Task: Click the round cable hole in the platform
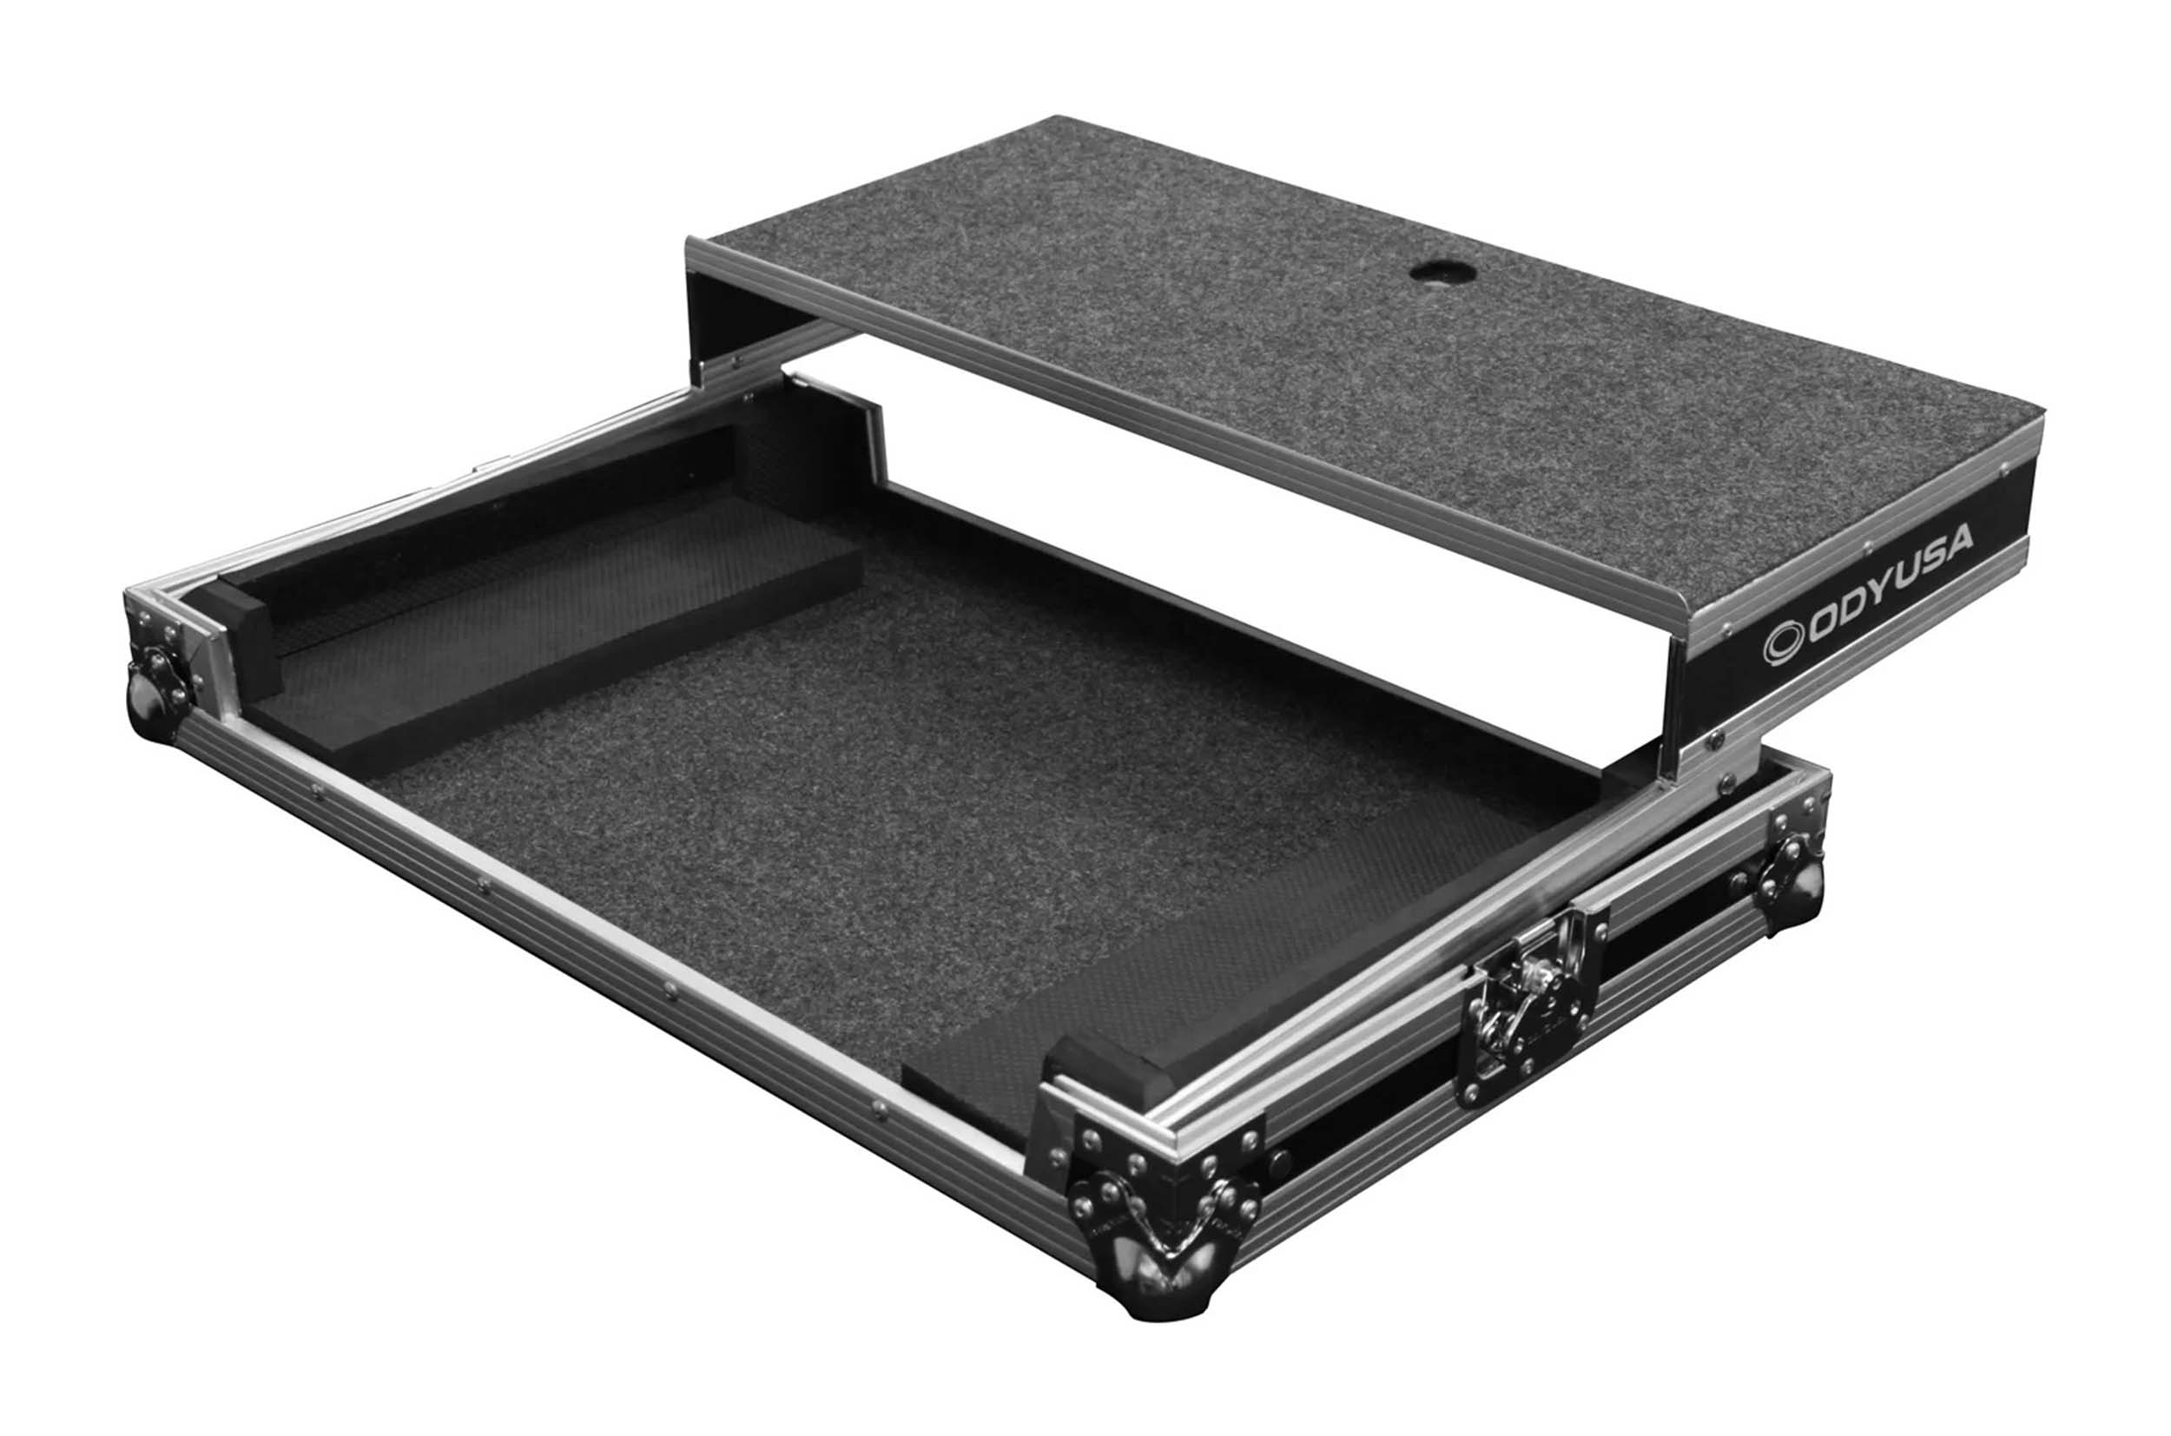[x=1437, y=271]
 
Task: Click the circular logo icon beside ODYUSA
[x=1781, y=646]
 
